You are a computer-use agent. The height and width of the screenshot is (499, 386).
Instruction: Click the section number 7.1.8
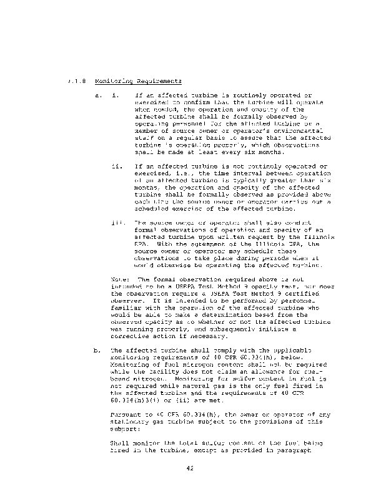(x=77, y=81)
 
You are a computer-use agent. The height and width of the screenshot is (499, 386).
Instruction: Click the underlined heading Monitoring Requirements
(x=139, y=81)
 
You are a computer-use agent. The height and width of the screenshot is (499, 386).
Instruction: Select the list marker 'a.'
(x=97, y=96)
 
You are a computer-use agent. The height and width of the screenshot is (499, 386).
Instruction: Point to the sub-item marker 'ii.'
(x=116, y=167)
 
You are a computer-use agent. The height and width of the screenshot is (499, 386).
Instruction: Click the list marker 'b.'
(x=97, y=351)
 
